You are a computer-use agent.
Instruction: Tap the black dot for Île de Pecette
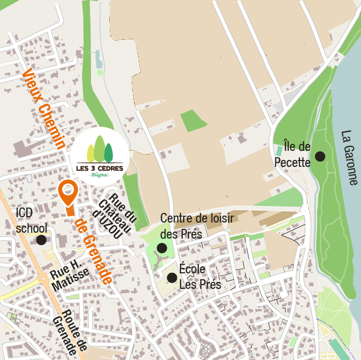point(320,156)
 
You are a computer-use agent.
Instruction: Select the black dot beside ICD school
point(41,240)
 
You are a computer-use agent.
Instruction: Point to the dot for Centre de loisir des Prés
point(162,248)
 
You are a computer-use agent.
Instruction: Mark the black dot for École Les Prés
point(172,278)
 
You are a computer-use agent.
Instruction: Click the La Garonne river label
point(349,158)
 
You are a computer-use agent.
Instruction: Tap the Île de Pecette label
point(292,154)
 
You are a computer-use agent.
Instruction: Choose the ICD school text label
point(32,220)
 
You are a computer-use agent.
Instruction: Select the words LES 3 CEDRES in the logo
point(100,168)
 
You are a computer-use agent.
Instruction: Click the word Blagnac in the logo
point(100,175)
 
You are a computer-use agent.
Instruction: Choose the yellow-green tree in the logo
point(91,154)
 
